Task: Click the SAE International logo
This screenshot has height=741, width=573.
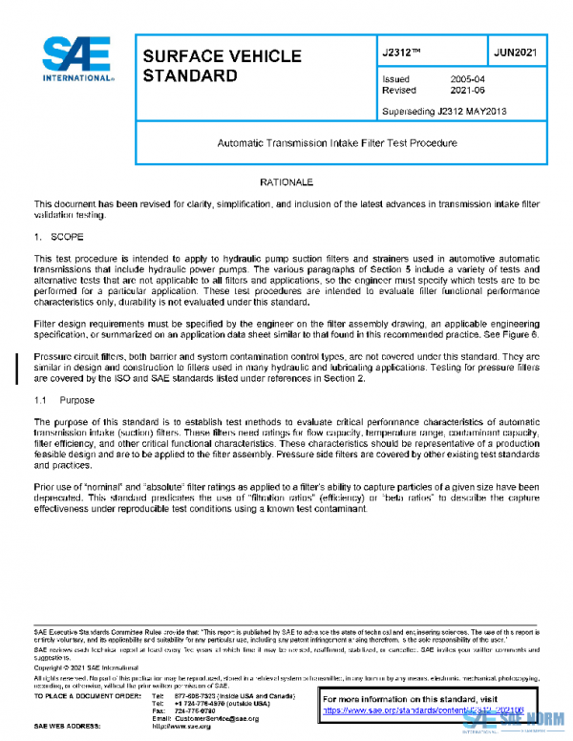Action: pos(77,60)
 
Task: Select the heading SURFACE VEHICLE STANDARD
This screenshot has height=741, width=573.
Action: pos(221,66)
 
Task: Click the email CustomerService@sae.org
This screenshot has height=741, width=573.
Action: pos(218,717)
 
